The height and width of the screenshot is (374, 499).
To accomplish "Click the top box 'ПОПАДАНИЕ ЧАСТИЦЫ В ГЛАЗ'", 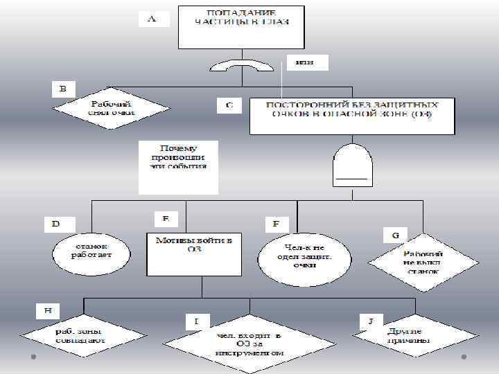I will point(240,27).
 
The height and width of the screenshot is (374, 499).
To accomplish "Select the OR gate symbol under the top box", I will point(242,66).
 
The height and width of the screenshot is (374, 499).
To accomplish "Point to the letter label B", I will point(64,89).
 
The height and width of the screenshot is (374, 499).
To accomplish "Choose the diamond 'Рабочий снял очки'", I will point(112,109).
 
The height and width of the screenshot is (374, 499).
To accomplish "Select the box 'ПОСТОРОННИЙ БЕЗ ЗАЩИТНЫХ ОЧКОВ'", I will point(352,116).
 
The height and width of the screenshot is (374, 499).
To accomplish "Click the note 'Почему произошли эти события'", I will point(178,167).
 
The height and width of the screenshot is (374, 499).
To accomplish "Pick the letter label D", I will point(56,224).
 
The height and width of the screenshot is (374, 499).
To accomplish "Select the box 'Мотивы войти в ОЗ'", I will point(193,253).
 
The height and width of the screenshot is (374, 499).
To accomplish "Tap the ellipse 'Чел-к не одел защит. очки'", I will point(300,256).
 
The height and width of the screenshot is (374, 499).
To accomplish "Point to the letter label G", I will point(395,235).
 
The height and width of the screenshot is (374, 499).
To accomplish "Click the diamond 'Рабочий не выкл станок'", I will point(423,262).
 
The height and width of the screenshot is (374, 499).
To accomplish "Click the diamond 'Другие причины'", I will point(415,336).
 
